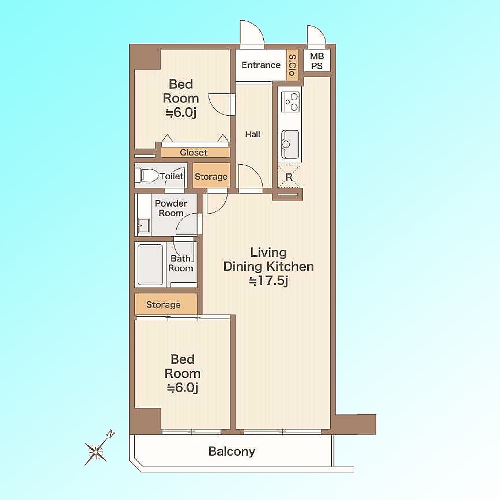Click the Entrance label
pos(261,65)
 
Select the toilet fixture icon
pos(147,175)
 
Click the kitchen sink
pos(290,145)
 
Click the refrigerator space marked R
pos(289,177)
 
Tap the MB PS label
pos(317,61)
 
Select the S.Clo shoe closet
pos(292,65)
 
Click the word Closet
pos(194,153)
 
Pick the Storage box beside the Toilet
pos(211,176)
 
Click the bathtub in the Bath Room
pos(150,264)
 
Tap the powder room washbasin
pos(144,225)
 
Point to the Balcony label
pos(232,452)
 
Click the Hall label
pos(252,134)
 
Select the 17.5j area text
pos(268,281)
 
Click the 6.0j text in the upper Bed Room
pos(181,112)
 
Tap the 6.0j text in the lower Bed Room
pos(183,388)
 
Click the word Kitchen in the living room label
pos(290,266)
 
